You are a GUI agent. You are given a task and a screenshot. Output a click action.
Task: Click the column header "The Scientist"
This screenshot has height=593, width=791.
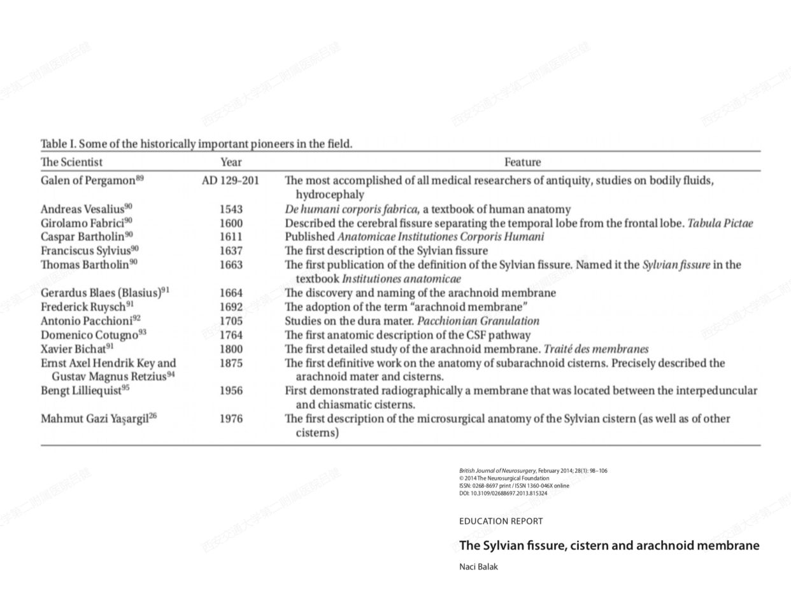point(71,162)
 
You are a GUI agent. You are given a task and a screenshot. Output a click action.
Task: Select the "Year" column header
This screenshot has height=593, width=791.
point(231,162)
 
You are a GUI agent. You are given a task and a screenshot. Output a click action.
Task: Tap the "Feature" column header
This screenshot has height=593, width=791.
point(522,162)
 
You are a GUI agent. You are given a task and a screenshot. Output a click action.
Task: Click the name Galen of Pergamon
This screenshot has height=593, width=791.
point(88,181)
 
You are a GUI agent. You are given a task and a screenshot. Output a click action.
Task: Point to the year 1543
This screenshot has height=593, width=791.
point(231,209)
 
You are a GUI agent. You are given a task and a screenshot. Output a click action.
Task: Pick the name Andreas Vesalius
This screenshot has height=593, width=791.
point(82,209)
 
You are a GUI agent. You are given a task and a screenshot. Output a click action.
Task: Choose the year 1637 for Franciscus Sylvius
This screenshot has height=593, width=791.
point(231,251)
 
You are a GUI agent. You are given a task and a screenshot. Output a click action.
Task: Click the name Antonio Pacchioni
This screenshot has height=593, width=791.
point(87,321)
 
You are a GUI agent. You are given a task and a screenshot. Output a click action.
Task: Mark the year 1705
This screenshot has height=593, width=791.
point(231,321)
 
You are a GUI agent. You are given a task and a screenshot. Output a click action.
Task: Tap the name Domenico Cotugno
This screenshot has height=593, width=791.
point(89,335)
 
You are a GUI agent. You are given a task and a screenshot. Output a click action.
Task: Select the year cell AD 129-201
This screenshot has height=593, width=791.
point(231,181)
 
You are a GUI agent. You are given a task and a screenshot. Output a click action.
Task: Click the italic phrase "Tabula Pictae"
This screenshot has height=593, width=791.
point(720,223)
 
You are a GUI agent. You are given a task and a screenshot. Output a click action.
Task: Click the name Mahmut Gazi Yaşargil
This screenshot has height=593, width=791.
point(94,419)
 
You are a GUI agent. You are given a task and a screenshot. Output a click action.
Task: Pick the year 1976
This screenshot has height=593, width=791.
point(231,419)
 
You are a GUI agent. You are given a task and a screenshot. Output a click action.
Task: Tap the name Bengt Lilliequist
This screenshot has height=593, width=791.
point(81,391)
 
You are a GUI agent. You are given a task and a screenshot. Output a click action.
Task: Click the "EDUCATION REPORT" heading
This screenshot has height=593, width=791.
point(501,521)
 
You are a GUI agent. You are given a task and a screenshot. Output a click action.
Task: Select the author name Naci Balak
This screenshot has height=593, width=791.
point(478,566)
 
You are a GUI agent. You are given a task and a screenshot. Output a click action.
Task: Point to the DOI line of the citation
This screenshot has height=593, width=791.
point(502,493)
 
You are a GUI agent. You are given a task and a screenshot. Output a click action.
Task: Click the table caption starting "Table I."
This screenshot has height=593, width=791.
point(196,144)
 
